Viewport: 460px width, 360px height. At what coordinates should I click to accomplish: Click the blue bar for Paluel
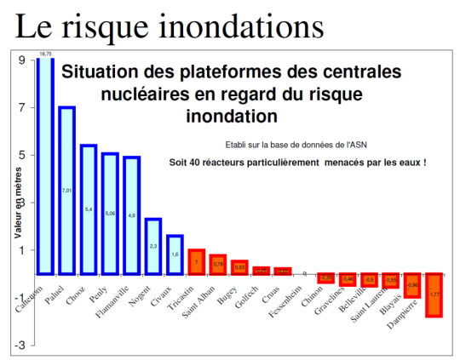click(66, 191)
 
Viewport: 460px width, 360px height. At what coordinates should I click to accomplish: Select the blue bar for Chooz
click(89, 209)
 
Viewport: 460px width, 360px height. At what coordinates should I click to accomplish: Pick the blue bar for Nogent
click(153, 247)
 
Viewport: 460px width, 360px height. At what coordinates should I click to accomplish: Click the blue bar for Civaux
click(175, 254)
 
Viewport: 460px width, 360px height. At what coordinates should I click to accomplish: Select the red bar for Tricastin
click(196, 262)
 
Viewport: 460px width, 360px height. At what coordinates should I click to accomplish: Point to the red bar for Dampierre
click(434, 294)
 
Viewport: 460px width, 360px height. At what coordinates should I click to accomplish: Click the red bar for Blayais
click(412, 285)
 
